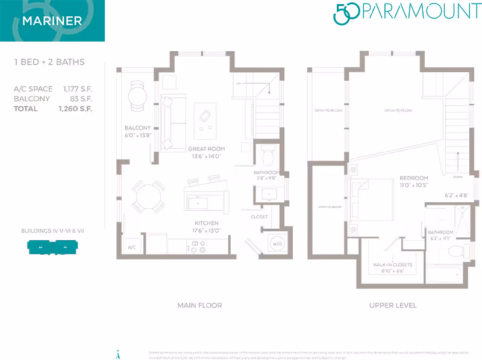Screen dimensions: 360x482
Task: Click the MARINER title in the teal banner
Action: [52, 21]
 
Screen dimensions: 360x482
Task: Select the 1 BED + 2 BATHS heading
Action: [49, 62]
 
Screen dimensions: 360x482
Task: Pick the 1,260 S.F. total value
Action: [75, 109]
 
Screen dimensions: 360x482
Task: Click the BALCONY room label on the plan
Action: [137, 128]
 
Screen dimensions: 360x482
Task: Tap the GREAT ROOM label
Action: [206, 149]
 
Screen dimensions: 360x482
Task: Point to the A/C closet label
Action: [131, 247]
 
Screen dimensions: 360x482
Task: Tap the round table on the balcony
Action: [137, 95]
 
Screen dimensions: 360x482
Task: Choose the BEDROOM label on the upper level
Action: [413, 178]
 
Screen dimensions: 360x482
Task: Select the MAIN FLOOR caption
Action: [199, 305]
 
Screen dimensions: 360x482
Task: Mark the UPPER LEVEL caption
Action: [392, 305]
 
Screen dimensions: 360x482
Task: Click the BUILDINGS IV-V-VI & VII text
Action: [52, 231]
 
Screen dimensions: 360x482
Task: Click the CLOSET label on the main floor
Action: [259, 217]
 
